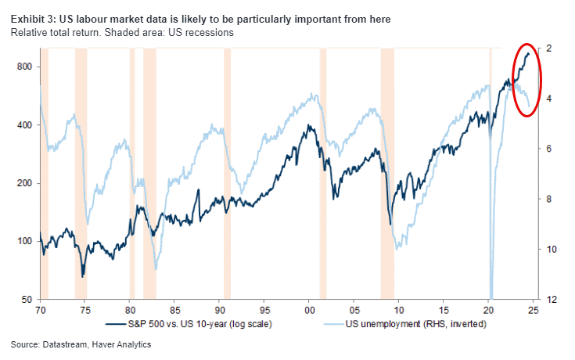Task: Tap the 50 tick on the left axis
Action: [26, 300]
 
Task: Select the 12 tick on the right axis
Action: [551, 300]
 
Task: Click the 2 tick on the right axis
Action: [551, 49]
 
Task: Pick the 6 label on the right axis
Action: [551, 149]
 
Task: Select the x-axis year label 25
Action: [534, 310]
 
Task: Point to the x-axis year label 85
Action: [174, 310]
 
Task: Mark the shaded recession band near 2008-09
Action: [387, 172]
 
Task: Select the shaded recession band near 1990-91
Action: [227, 172]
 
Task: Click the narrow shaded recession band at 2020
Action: [490, 172]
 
